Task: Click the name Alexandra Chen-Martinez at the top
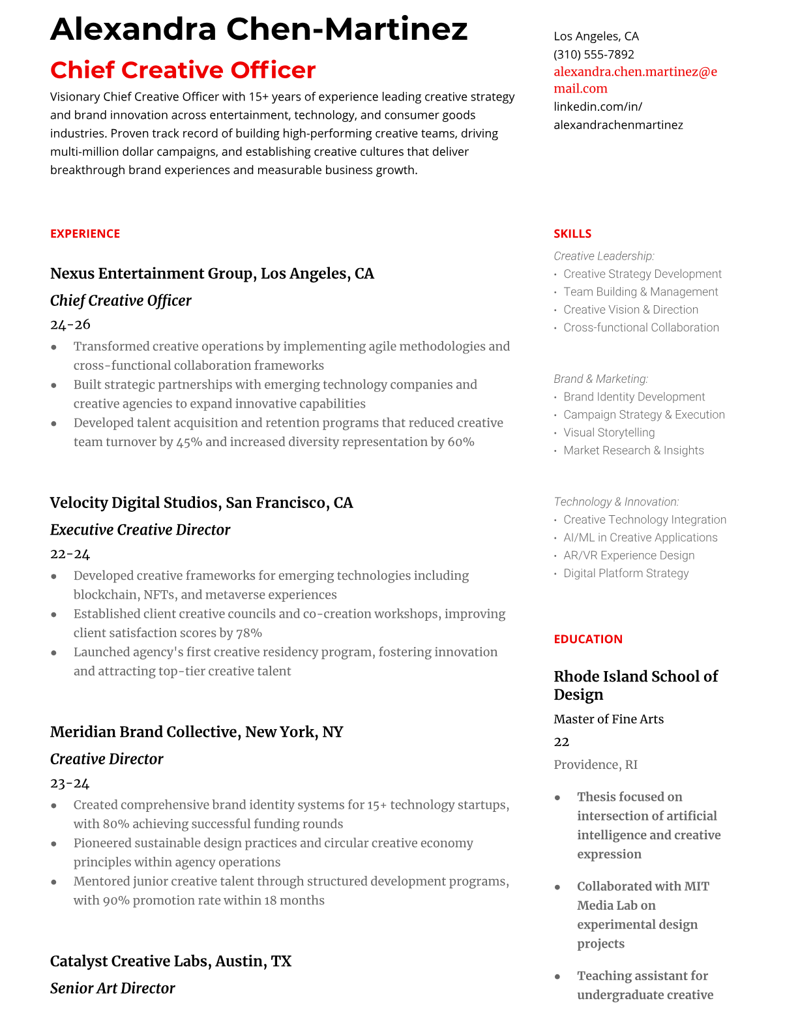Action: coord(259,29)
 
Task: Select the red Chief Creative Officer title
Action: coord(183,70)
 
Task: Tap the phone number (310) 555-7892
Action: coord(593,54)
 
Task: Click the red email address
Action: coord(635,80)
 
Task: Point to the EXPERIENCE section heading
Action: coord(85,233)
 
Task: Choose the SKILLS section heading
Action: coord(572,233)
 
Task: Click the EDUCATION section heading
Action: coord(587,639)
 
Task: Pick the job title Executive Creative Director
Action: coord(140,530)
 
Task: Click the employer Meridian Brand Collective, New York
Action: coord(196,732)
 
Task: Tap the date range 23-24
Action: coord(70,783)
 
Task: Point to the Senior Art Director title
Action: coord(112,988)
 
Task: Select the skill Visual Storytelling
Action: coord(609,432)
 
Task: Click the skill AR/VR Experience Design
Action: coord(628,555)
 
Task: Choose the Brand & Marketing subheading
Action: coord(600,379)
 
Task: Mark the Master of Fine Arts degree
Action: coord(608,719)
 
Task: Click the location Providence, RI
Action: coord(595,764)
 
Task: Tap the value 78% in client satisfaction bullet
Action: coord(249,633)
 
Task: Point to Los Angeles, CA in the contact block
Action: coord(596,36)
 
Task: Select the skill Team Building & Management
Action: coord(640,292)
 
